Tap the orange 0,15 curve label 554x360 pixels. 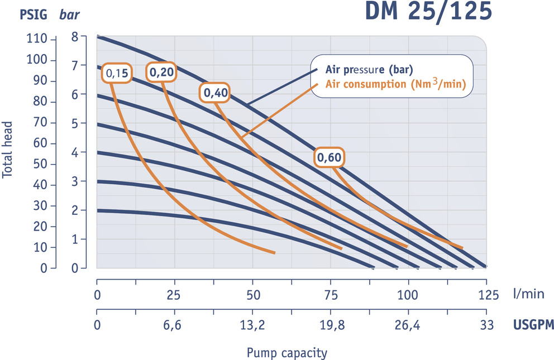[x=116, y=73]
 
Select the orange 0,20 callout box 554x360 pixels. [x=161, y=71]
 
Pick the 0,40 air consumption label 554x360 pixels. [x=215, y=93]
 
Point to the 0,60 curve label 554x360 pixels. [x=329, y=159]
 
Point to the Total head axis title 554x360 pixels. [x=8, y=151]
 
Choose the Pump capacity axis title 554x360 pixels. [x=286, y=353]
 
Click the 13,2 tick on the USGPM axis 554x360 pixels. [x=252, y=325]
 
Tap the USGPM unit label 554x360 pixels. [x=533, y=325]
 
